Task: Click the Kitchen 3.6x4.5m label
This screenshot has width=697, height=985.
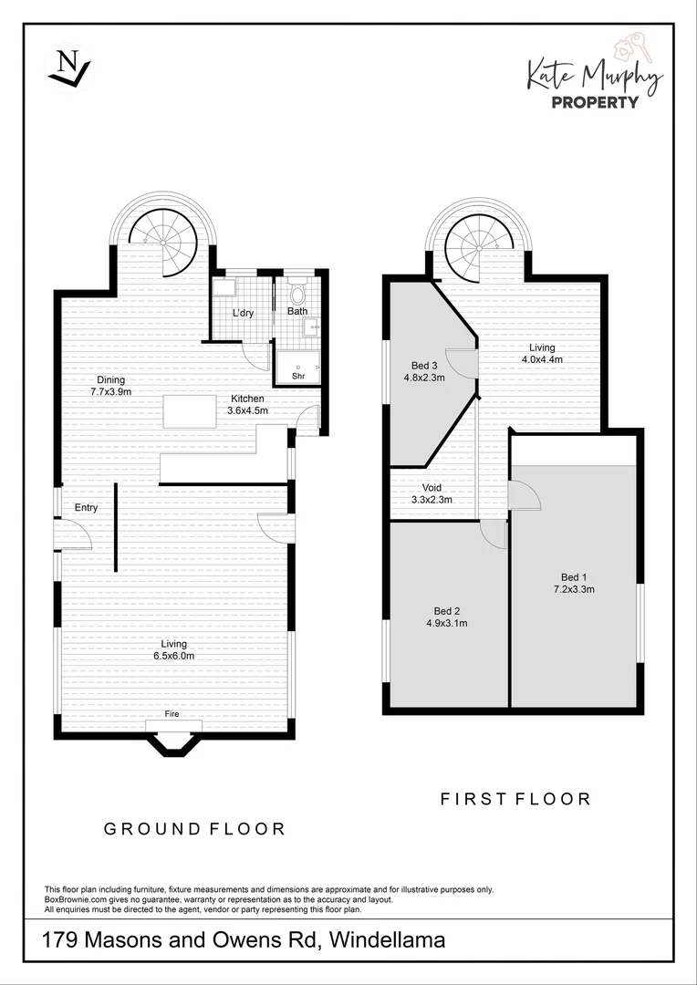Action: coord(247,404)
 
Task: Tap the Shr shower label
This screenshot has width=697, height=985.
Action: coord(298,376)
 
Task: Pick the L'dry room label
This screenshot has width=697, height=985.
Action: coord(243,314)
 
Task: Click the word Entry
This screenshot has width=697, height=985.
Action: coord(86,508)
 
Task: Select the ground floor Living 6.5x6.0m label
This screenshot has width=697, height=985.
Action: coord(173,649)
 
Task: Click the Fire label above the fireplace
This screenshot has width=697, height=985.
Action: coord(172,714)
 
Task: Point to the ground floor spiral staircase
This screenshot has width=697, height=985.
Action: coord(164,239)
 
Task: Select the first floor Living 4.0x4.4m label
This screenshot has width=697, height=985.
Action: coord(541,353)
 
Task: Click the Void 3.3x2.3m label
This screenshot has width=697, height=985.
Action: coord(432,493)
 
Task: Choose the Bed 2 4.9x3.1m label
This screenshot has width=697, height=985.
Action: coord(446,617)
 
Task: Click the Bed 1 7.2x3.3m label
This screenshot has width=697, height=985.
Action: coord(573,582)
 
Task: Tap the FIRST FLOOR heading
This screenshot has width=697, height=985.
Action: coord(515,799)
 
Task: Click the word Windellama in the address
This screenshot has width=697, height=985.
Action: coord(387,939)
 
